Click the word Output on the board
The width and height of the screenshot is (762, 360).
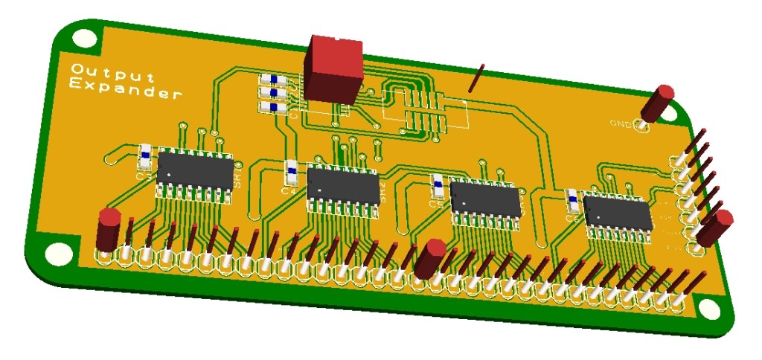click(112, 72)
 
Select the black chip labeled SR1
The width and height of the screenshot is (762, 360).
click(196, 171)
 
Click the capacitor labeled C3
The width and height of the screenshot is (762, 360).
click(145, 158)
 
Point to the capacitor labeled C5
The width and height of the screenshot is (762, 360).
click(438, 188)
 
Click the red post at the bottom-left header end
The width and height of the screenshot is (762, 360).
click(109, 231)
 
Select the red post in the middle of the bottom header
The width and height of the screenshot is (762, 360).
click(429, 258)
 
